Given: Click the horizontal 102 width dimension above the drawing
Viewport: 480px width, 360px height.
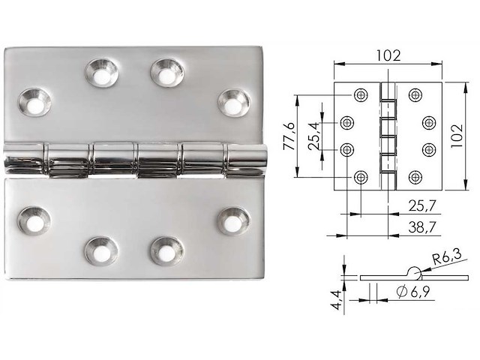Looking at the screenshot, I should click(388, 55).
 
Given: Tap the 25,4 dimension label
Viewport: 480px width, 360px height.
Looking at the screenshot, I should click(316, 135).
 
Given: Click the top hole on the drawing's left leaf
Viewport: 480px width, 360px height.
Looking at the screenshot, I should click(361, 94).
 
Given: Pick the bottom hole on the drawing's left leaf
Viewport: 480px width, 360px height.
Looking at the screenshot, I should click(361, 177).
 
